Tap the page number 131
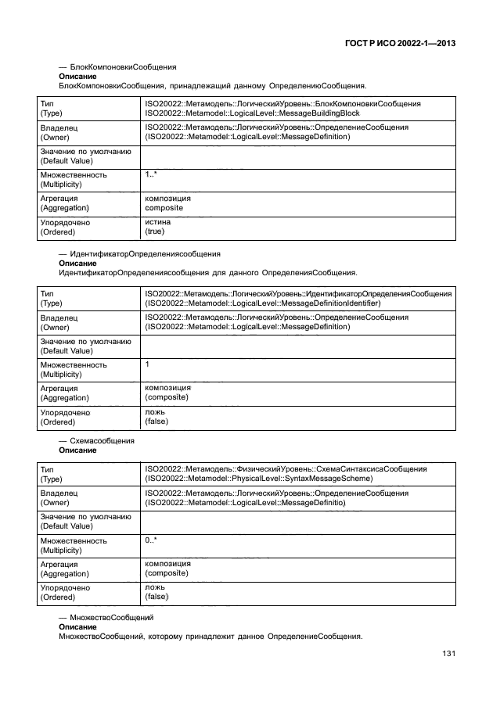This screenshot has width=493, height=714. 448,654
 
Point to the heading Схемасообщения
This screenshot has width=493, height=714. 102,441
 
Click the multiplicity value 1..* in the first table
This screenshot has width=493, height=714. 151,175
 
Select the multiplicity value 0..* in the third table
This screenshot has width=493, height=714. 151,540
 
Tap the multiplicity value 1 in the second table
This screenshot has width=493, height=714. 147,364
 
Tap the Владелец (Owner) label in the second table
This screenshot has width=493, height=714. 59,321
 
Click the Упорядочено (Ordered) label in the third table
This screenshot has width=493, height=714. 65,592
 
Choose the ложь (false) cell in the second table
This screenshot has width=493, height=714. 157,417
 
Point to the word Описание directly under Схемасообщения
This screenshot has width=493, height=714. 77,450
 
